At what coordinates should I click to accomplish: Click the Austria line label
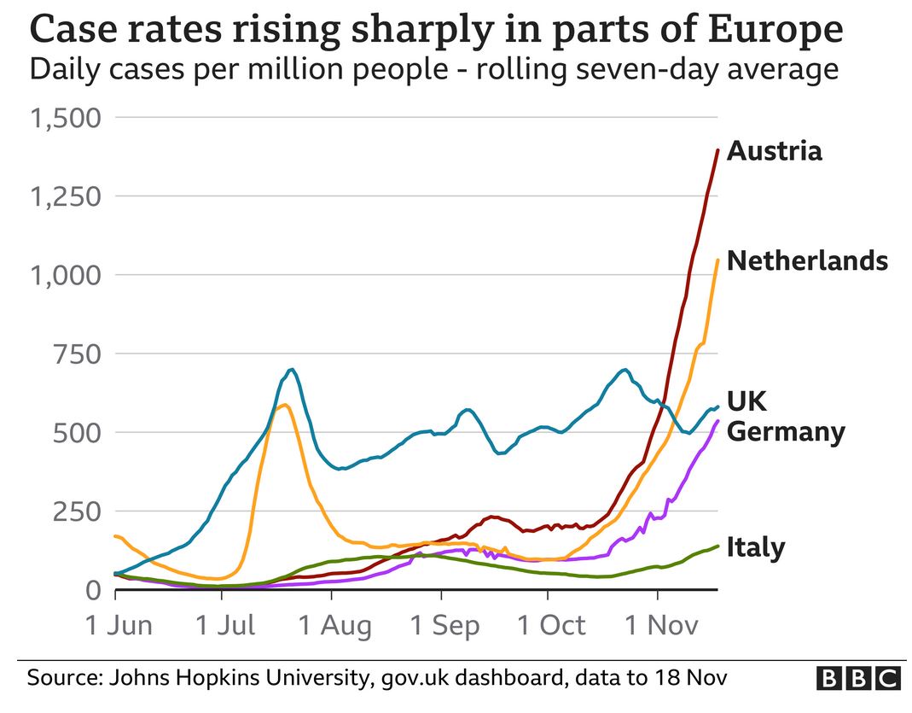(774, 151)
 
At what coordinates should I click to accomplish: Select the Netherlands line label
(807, 260)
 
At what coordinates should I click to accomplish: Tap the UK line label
(746, 401)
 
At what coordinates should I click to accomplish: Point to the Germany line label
(785, 431)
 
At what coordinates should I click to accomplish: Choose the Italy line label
(755, 547)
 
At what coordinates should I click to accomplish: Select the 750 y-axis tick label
(78, 354)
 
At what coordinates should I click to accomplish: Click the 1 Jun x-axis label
(119, 626)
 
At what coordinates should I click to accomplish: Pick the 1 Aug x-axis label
(335, 626)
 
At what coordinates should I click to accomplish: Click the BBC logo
(858, 679)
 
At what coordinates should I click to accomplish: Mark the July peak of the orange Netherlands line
(284, 405)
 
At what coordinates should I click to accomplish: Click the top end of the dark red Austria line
(717, 150)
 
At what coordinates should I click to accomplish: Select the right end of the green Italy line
(717, 546)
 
